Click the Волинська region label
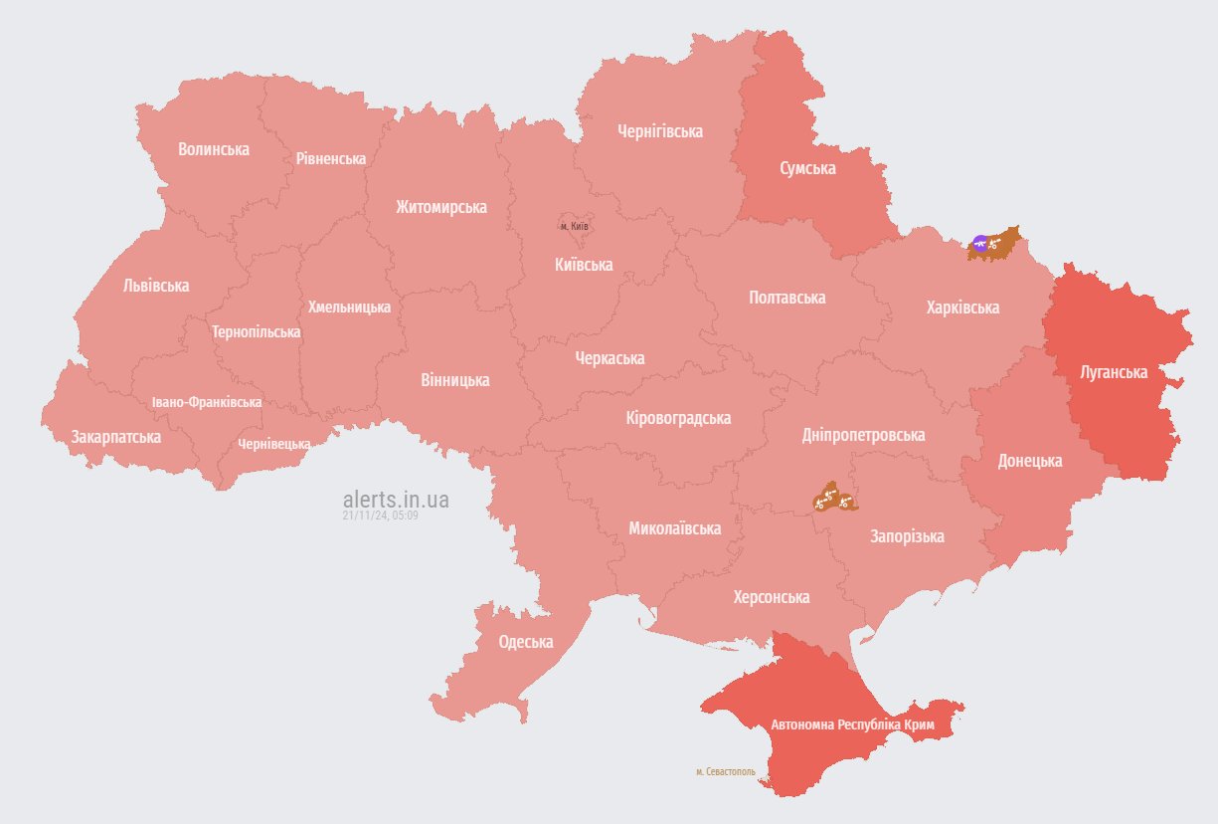pos(214,149)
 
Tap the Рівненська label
pos(330,158)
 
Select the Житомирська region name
pos(440,207)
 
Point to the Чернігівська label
pos(659,131)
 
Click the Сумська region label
pos(806,168)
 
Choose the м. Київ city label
pos(575,227)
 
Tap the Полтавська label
pos(786,298)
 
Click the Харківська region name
pos(961,308)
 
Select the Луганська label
pos(1114,372)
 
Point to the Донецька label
pos(1030,461)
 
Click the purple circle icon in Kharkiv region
pos(980,243)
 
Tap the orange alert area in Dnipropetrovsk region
pos(833,499)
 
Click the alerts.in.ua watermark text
pos(396,499)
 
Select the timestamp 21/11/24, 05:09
pos(380,515)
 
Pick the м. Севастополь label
pos(725,771)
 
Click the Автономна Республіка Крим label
pos(852,725)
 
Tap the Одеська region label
pos(525,642)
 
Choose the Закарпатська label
pos(115,437)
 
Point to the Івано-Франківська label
pos(207,402)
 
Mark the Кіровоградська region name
pos(678,418)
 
